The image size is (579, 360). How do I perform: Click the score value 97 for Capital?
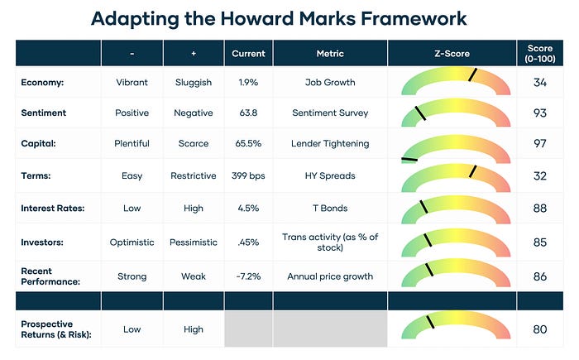pos(540,143)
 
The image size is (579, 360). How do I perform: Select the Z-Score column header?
pos(452,54)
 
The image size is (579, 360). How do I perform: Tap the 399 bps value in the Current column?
pos(247,175)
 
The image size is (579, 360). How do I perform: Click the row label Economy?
pos(43,81)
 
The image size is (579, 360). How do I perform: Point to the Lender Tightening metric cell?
pos(330,143)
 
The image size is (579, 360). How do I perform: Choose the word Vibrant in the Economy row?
pos(132,81)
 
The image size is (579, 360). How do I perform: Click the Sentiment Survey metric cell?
pos(330,113)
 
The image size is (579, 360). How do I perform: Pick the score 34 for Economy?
pos(540,81)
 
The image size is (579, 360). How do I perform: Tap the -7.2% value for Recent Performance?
pos(247,276)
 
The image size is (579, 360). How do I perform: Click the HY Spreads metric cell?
pos(330,175)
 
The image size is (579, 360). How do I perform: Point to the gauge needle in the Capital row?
pos(409,157)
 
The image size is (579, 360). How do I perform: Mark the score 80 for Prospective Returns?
pos(540,329)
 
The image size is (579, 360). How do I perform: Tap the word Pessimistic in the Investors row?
pos(194,242)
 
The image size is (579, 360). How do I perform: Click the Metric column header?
pos(330,54)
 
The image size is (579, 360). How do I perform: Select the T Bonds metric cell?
pos(330,208)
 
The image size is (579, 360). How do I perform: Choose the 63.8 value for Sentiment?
pos(247,113)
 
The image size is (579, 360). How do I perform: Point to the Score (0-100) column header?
pos(540,54)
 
